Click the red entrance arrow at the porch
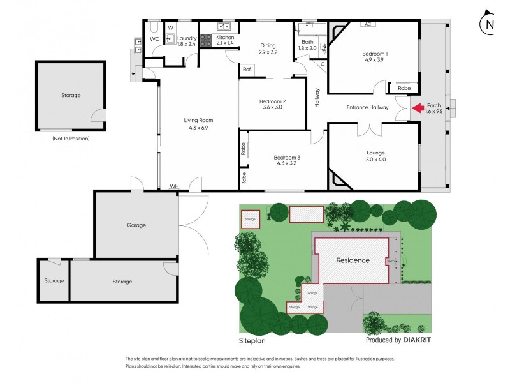click(417, 108)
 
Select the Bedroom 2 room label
click(272, 104)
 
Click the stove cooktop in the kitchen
click(206, 40)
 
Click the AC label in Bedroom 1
click(367, 24)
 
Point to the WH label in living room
click(173, 186)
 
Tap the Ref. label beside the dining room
click(247, 69)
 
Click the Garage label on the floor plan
click(136, 225)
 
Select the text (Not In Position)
click(71, 138)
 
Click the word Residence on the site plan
click(353, 260)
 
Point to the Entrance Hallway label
click(367, 107)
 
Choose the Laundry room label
click(187, 38)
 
